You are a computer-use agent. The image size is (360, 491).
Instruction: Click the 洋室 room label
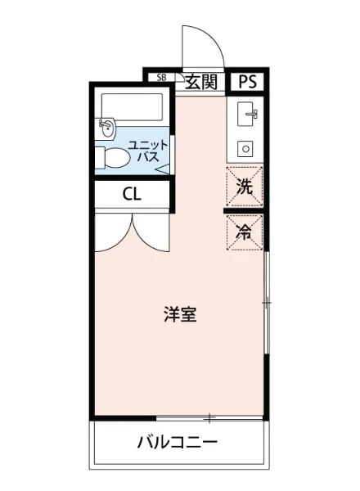(179, 314)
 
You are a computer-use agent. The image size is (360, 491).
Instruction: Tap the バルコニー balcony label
(177, 444)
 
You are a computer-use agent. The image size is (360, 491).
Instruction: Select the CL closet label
(131, 194)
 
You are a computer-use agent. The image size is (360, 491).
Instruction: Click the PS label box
(248, 80)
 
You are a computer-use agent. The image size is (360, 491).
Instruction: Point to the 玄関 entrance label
(200, 80)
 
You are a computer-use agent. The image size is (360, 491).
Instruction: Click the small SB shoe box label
(161, 78)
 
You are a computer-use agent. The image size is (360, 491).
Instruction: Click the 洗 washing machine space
(245, 185)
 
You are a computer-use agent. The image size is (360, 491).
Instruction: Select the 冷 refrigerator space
(245, 232)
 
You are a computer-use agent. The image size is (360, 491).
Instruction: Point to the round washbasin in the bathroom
(107, 127)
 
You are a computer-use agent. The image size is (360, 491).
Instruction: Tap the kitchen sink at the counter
(245, 115)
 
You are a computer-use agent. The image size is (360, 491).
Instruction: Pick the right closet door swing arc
(151, 233)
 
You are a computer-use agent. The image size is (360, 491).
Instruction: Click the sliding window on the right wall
(268, 303)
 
